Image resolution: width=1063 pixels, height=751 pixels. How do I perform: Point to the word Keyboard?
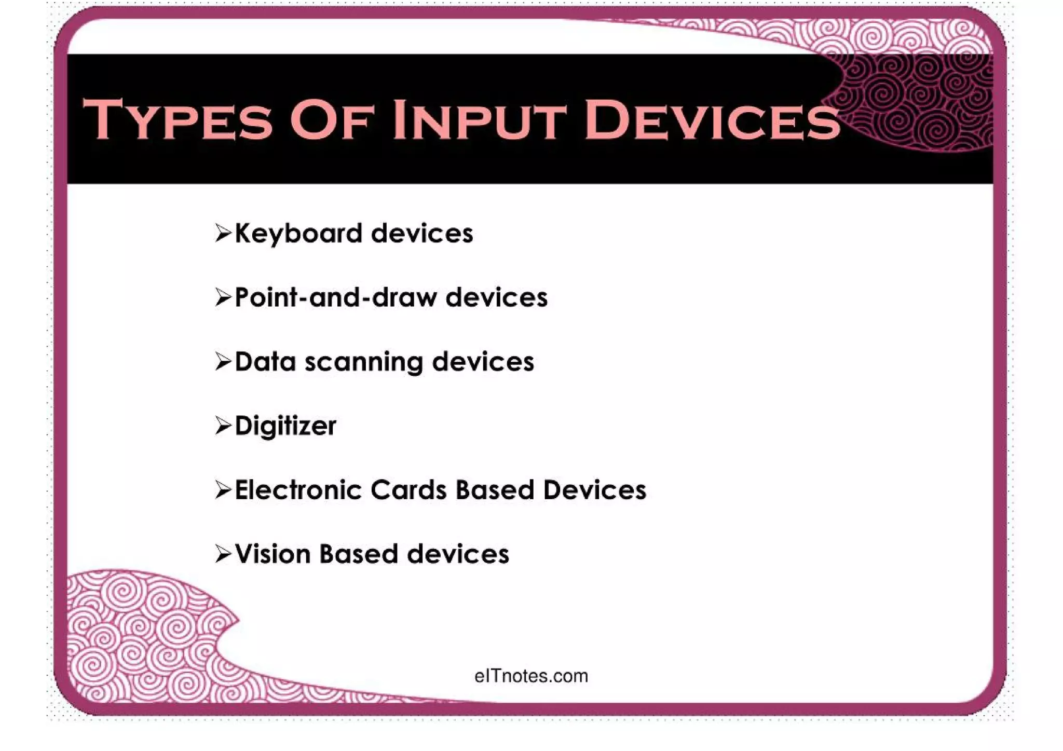click(298, 234)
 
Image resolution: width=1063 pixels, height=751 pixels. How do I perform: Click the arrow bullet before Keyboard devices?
click(223, 234)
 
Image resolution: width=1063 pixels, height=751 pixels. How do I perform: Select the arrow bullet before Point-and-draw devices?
click(223, 298)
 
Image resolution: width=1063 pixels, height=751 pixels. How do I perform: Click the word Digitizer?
click(285, 426)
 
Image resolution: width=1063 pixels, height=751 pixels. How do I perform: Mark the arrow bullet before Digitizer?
click(223, 426)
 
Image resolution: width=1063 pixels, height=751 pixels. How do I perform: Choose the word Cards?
click(408, 490)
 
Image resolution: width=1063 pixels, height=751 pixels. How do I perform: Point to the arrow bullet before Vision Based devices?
click(223, 554)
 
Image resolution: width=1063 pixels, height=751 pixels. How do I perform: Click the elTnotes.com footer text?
click(531, 676)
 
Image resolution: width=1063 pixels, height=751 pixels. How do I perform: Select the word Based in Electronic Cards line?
click(495, 490)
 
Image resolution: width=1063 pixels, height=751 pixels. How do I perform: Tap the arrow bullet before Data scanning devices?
click(223, 362)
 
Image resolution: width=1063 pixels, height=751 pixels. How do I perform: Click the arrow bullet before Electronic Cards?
click(223, 490)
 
